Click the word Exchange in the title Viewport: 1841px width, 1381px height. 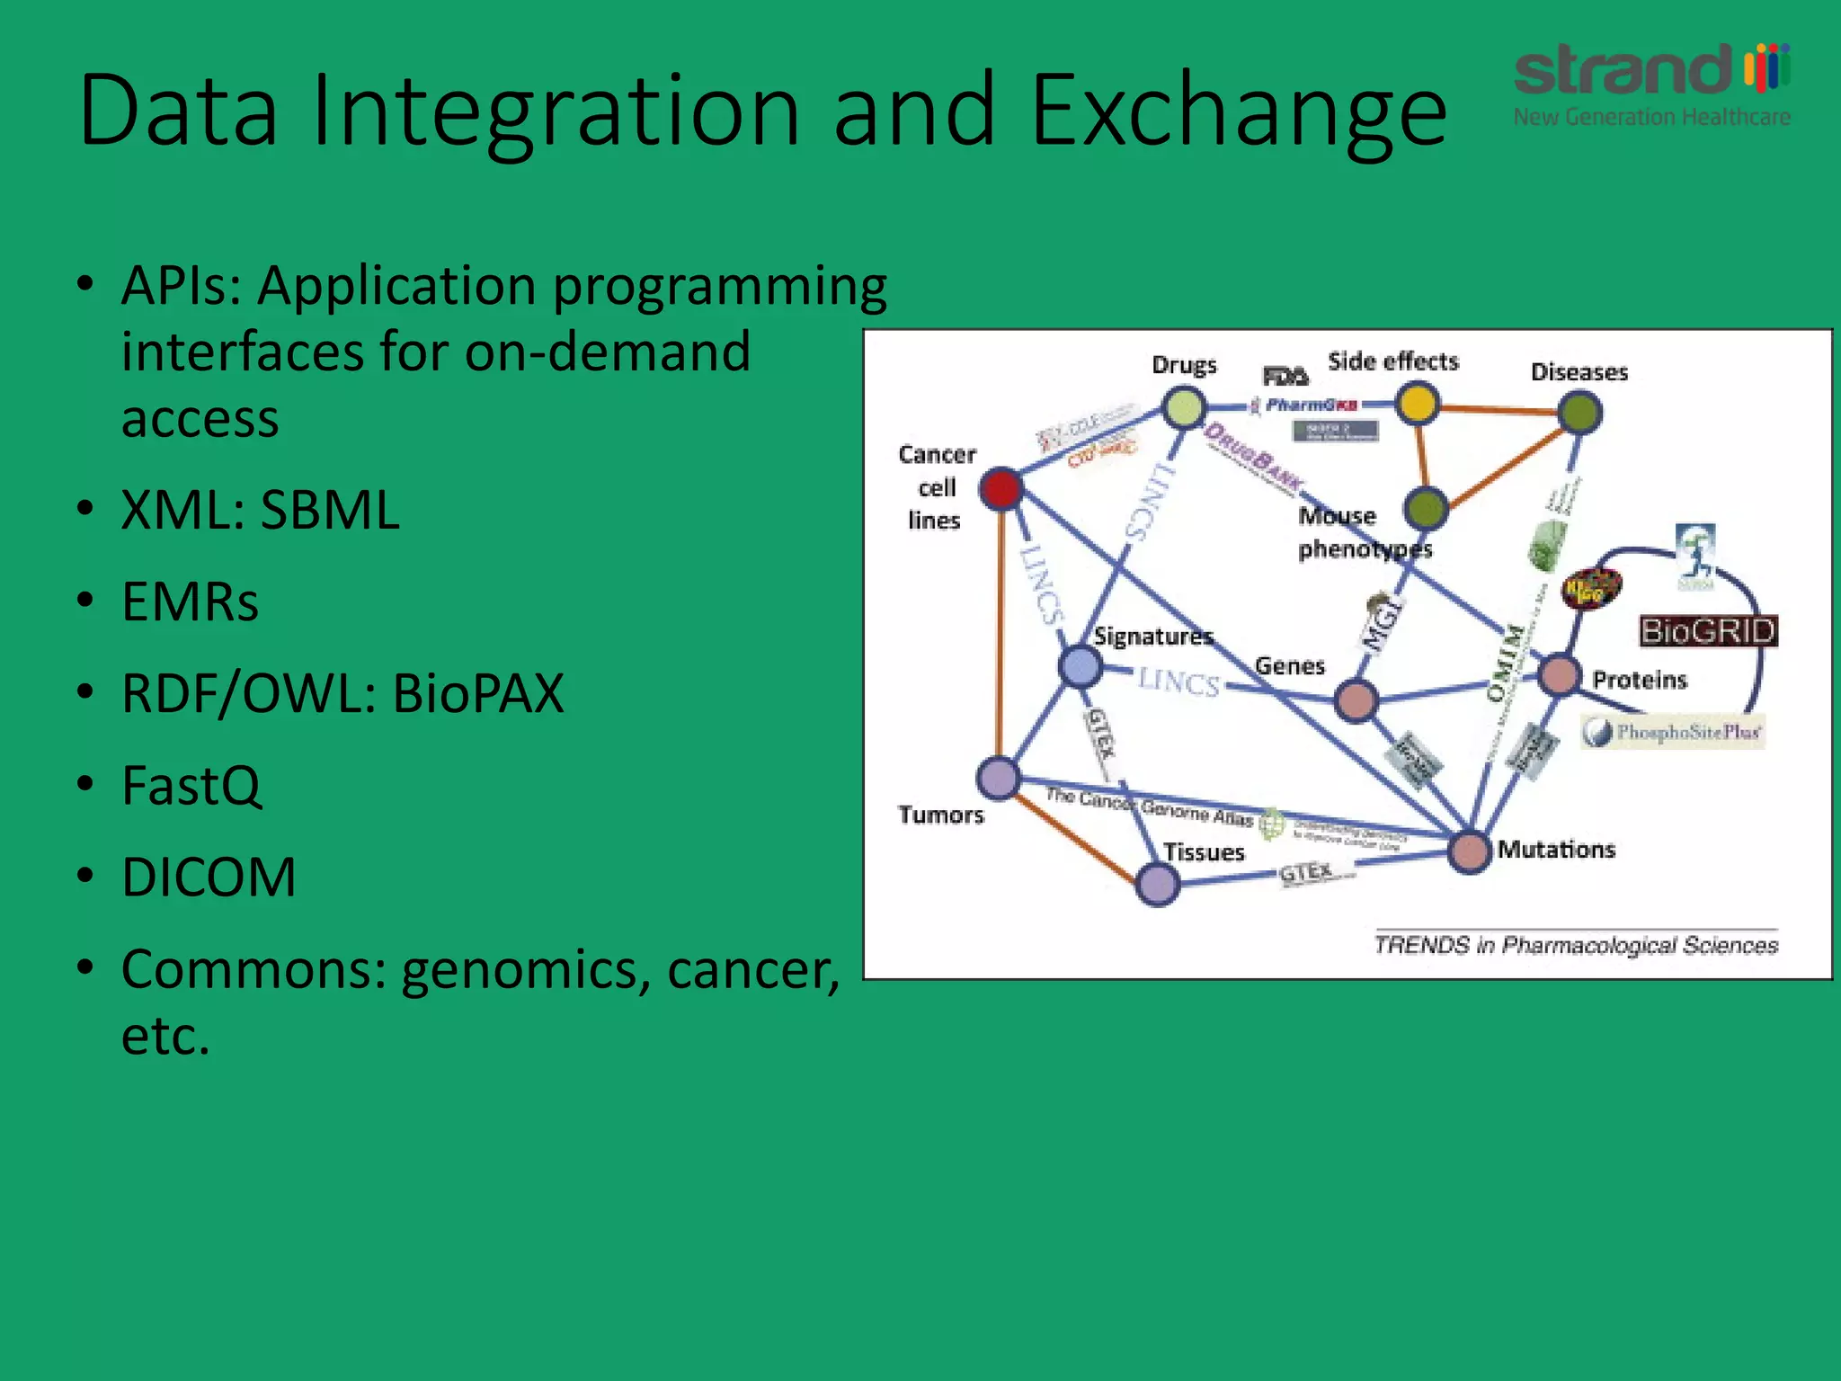pyautogui.click(x=1239, y=112)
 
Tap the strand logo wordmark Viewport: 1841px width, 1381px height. pyautogui.click(x=1623, y=70)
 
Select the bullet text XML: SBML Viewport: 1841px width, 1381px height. pyautogui.click(x=261, y=511)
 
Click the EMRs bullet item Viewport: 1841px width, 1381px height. pyautogui.click(x=190, y=602)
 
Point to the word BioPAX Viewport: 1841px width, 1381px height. pyautogui.click(x=478, y=694)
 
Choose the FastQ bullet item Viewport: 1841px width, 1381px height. pyautogui.click(x=191, y=786)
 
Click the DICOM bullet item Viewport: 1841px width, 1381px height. pyautogui.click(x=209, y=878)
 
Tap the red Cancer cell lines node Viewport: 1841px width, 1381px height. pyautogui.click(x=1001, y=488)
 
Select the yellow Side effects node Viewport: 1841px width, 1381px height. pyautogui.click(x=1418, y=404)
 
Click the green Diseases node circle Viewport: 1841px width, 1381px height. pyautogui.click(x=1579, y=413)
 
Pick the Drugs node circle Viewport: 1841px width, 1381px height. pyautogui.click(x=1184, y=408)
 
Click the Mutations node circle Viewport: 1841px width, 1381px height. pyautogui.click(x=1470, y=851)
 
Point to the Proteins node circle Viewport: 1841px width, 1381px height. pyautogui.click(x=1560, y=675)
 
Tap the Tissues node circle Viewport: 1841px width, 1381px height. pyautogui.click(x=1158, y=884)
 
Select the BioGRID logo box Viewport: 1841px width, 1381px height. pyautogui.click(x=1708, y=631)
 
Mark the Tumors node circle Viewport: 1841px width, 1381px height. pyautogui.click(x=998, y=778)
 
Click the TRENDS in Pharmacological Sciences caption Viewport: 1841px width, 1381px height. pyautogui.click(x=1576, y=945)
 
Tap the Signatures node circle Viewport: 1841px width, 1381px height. pyautogui.click(x=1080, y=666)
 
